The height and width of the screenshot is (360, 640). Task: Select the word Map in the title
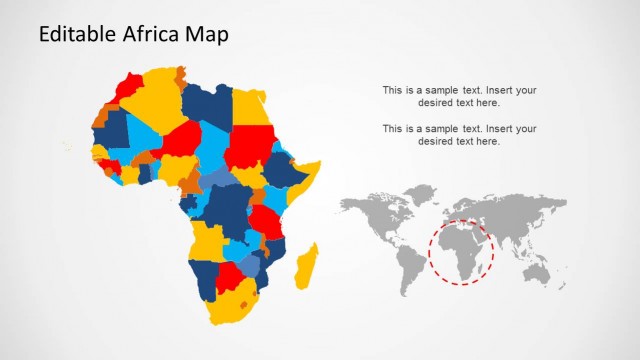pyautogui.click(x=206, y=34)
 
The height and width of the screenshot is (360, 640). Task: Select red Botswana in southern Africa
pyautogui.click(x=231, y=274)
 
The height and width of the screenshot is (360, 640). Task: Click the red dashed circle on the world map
pyautogui.click(x=461, y=253)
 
